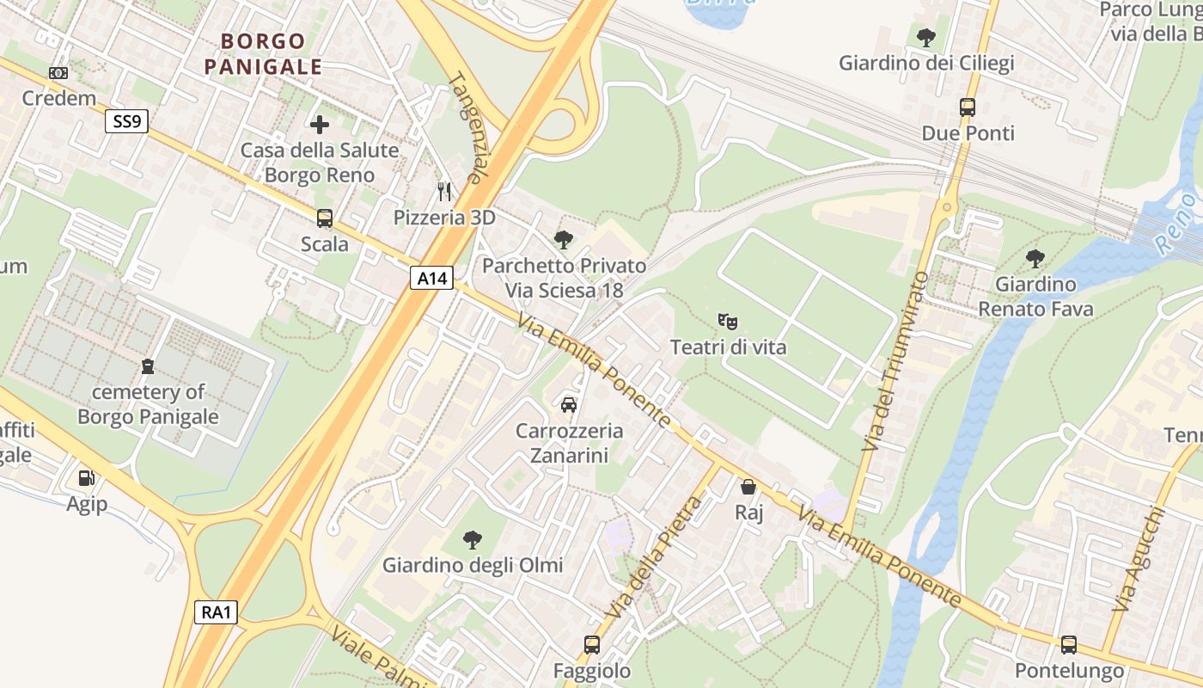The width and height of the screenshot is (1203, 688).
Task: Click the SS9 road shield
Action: tap(126, 121)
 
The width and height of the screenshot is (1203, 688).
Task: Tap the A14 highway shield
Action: tap(431, 278)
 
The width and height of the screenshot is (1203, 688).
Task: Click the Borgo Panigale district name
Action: tap(264, 53)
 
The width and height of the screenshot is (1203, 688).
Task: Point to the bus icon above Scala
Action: tap(324, 218)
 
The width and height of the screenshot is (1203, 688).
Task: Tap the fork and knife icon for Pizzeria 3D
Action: tap(444, 191)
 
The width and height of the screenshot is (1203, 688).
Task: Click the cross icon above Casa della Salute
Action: tap(320, 125)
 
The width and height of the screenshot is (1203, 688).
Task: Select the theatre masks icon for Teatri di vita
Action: tap(728, 322)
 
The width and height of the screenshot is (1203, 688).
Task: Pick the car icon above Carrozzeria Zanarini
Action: tap(568, 404)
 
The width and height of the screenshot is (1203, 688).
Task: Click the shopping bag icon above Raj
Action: tap(748, 487)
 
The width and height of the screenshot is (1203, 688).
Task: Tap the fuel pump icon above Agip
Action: tap(87, 477)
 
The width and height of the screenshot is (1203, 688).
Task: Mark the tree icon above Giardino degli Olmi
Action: tap(472, 540)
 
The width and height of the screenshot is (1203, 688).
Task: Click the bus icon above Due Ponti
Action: tap(968, 107)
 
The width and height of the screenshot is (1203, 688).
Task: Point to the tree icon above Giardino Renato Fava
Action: tap(1035, 258)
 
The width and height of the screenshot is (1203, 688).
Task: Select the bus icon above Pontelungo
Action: tap(1068, 644)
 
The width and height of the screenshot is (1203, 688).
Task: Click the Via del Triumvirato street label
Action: tap(896, 361)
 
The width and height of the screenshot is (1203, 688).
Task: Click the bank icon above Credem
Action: tap(58, 73)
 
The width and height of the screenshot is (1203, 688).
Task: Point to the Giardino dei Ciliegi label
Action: tap(926, 63)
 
